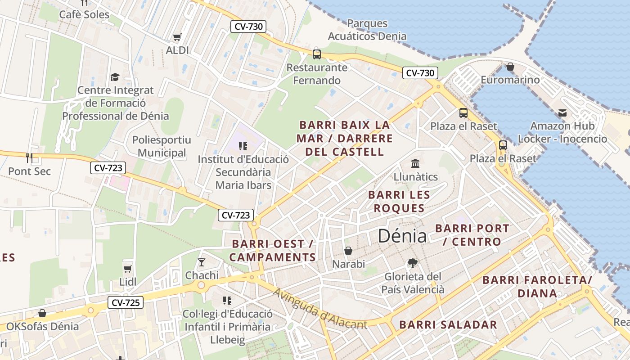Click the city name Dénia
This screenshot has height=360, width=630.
tap(402, 236)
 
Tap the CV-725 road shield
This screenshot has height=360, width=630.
tap(126, 303)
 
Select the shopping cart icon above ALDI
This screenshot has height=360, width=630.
tap(177, 37)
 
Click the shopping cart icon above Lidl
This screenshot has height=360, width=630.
tap(127, 269)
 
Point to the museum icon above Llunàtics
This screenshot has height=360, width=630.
tap(415, 163)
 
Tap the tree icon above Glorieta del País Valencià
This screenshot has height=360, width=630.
tap(412, 263)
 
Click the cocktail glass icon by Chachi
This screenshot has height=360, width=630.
tap(202, 262)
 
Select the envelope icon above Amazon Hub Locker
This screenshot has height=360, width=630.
tap(562, 112)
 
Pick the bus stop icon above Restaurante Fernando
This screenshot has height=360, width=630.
tap(317, 54)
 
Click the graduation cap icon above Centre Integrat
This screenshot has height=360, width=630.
tap(115, 77)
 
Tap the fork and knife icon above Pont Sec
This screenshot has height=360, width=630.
tap(29, 157)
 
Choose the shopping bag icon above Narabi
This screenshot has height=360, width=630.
tap(348, 251)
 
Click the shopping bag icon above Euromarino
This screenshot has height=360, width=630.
tap(510, 67)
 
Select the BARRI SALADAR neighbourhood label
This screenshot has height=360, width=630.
tap(448, 325)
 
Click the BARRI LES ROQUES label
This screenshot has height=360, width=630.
tap(399, 202)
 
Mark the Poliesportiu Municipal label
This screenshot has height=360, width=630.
tap(162, 146)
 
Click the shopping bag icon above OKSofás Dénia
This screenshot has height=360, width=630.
tap(42, 313)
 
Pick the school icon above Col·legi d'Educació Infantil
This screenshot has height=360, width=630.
tap(227, 300)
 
